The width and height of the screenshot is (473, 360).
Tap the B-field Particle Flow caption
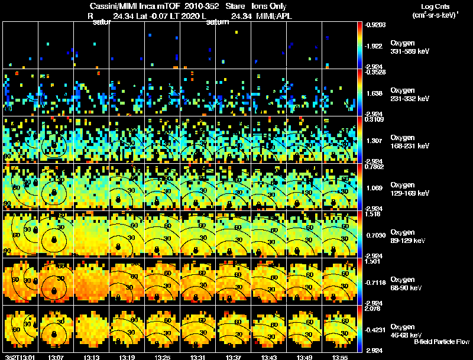pyautogui.click(x=442, y=342)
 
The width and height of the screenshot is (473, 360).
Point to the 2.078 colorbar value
pyautogui.click(x=372, y=308)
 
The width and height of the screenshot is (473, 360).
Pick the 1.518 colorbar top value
pyautogui.click(x=372, y=215)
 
